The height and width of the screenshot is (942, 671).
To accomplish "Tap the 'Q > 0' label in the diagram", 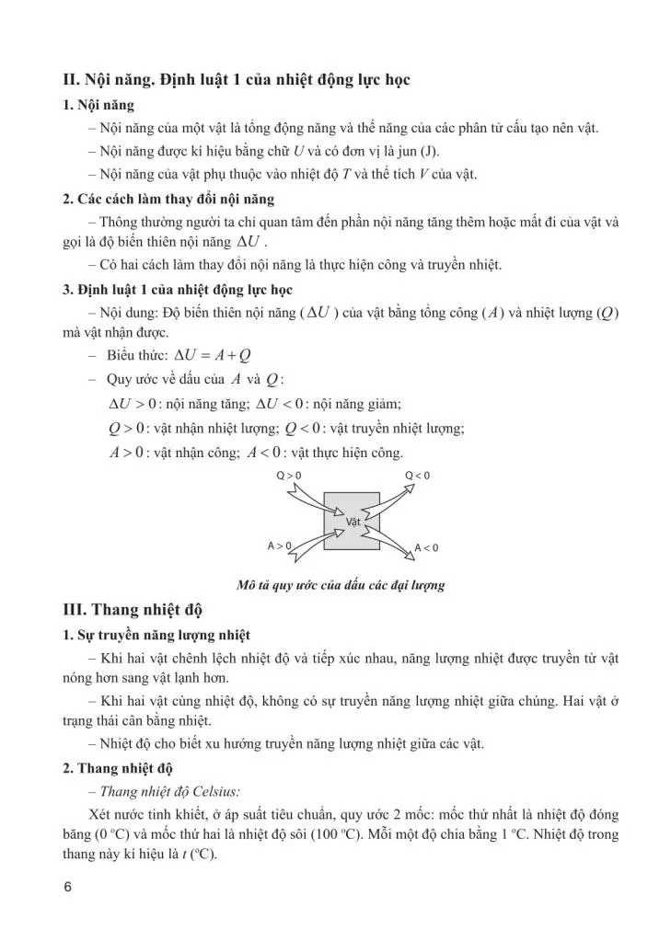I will point(289,475).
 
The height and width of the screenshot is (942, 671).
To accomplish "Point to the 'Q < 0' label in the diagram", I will point(418,475).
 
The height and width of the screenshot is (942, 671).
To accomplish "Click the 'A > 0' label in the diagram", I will point(279,546).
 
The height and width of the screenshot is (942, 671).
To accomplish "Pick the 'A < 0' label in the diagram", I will point(426,548).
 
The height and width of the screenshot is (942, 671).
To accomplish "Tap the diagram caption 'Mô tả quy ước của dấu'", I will point(340,585).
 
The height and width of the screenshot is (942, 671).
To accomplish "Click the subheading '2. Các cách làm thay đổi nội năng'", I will point(168,199).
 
